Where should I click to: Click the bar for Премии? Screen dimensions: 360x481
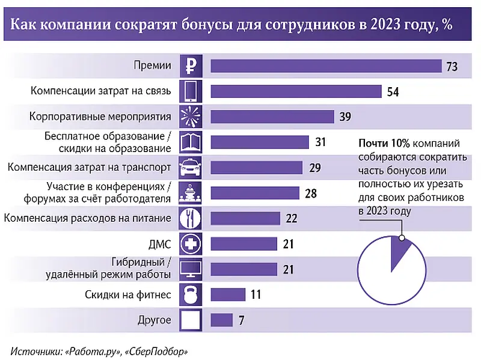325,65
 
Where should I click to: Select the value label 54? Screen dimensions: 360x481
393,92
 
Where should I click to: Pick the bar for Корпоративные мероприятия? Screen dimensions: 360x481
272,116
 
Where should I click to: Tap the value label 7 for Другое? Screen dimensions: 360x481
241,320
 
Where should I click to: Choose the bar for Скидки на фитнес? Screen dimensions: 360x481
228,294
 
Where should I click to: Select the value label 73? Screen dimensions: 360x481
452,66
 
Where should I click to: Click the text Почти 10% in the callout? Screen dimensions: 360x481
384,144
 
